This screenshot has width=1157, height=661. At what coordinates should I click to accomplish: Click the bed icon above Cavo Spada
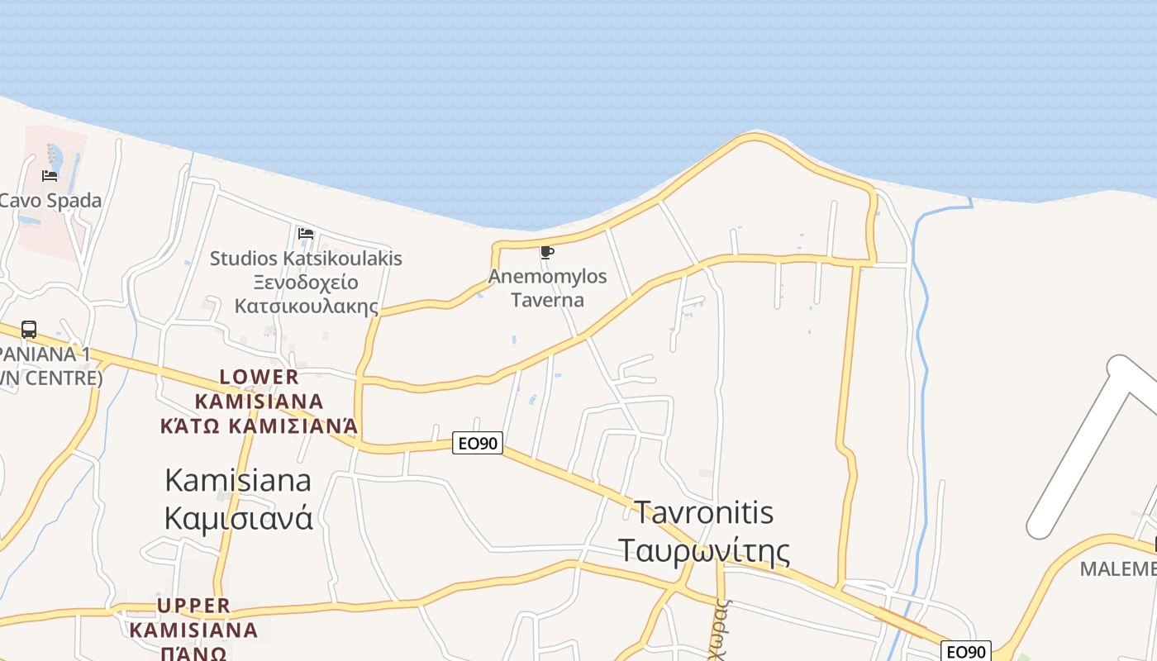(50, 176)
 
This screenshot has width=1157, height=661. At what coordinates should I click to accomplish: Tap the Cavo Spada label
(50, 201)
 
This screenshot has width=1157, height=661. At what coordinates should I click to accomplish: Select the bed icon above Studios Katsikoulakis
(306, 234)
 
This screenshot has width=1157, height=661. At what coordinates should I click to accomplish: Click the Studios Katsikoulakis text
(306, 259)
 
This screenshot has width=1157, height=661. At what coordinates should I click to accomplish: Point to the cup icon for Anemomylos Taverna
(546, 253)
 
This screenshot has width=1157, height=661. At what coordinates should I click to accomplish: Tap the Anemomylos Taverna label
(547, 288)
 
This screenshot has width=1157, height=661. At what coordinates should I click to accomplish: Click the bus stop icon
(29, 330)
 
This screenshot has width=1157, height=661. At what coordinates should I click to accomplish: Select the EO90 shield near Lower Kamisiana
(478, 444)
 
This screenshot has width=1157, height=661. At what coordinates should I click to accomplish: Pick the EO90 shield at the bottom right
(965, 652)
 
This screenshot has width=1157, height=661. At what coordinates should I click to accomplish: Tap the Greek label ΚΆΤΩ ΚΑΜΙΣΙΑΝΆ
(259, 426)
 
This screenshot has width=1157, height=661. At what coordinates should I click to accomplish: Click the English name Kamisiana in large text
(238, 480)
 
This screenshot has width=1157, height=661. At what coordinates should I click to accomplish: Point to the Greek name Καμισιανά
(238, 518)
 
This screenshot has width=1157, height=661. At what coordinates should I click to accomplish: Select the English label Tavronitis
(703, 512)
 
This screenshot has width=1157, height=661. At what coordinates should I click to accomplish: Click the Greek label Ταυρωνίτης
(703, 549)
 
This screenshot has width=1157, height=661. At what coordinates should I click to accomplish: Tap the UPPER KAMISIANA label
(194, 617)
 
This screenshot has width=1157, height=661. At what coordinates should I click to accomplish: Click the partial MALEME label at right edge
(1118, 569)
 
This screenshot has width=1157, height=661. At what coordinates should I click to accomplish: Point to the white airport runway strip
(1083, 446)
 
